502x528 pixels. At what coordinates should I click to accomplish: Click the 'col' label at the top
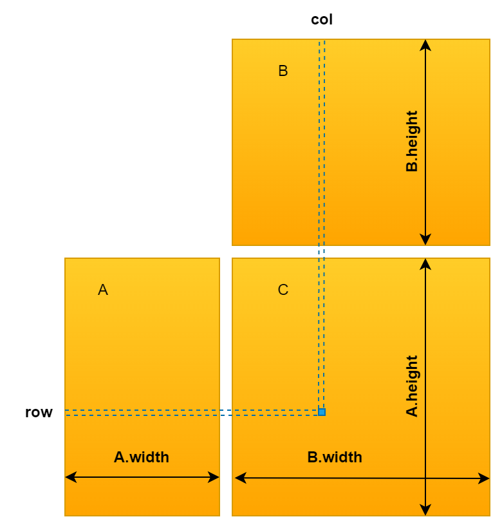click(x=322, y=19)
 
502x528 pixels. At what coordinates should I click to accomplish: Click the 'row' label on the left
click(x=39, y=412)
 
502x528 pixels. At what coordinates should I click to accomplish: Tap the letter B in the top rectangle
click(x=283, y=71)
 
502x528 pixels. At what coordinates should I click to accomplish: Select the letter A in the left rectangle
click(x=103, y=290)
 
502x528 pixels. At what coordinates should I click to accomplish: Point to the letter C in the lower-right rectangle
click(x=283, y=290)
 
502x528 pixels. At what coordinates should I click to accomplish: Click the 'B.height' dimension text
click(x=412, y=142)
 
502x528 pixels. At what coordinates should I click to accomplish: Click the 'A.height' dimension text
click(x=412, y=386)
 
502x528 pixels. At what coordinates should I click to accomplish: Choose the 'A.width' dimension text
click(x=142, y=457)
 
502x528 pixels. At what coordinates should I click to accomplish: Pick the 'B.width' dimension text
click(x=335, y=457)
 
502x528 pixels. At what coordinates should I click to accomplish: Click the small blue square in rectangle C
click(x=322, y=412)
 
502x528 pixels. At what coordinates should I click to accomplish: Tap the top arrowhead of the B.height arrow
click(x=425, y=44)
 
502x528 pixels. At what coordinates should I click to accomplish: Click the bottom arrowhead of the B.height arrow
click(x=425, y=241)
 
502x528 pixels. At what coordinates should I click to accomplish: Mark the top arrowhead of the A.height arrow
click(x=425, y=263)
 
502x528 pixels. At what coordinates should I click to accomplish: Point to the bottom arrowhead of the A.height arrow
click(x=425, y=511)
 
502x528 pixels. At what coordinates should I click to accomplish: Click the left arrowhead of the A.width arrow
click(x=70, y=477)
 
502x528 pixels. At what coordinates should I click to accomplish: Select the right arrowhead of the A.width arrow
click(x=215, y=477)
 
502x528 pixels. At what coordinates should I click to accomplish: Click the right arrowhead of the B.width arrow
click(x=485, y=478)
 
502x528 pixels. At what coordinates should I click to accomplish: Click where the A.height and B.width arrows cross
click(x=425, y=478)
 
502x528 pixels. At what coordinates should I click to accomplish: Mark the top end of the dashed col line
click(x=322, y=41)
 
